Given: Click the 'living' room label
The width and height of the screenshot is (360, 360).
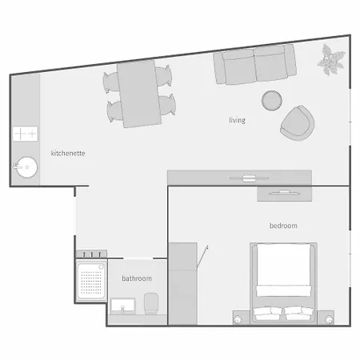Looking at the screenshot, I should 237,121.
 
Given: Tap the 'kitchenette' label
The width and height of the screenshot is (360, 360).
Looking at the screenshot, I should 68,153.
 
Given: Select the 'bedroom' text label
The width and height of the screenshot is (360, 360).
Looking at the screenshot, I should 283,226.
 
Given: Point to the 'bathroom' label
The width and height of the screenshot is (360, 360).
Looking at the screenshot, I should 137,278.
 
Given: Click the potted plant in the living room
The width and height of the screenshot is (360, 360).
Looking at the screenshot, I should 329,58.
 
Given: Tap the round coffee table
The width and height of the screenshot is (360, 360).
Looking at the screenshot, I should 273,100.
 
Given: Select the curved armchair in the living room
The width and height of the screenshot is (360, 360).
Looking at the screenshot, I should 298,121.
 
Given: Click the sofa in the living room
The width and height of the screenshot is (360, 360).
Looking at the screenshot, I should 254,65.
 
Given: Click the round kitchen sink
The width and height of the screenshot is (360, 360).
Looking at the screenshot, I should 26,168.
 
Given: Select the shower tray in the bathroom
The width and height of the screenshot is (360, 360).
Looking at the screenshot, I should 91,279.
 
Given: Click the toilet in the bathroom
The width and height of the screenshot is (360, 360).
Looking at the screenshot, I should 152,302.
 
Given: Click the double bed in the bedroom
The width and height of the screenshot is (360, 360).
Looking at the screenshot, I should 283,280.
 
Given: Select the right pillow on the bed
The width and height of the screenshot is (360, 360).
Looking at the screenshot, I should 298,313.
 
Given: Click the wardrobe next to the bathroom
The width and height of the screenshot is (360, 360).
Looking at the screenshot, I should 182,283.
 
